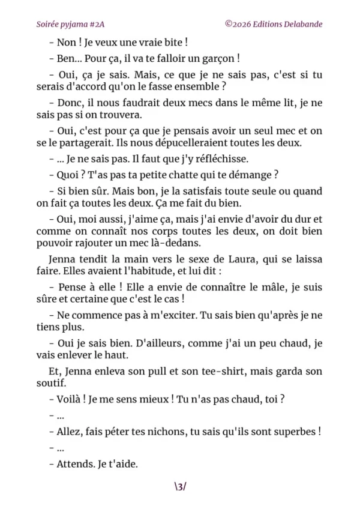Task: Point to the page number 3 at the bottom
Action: (x=180, y=486)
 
